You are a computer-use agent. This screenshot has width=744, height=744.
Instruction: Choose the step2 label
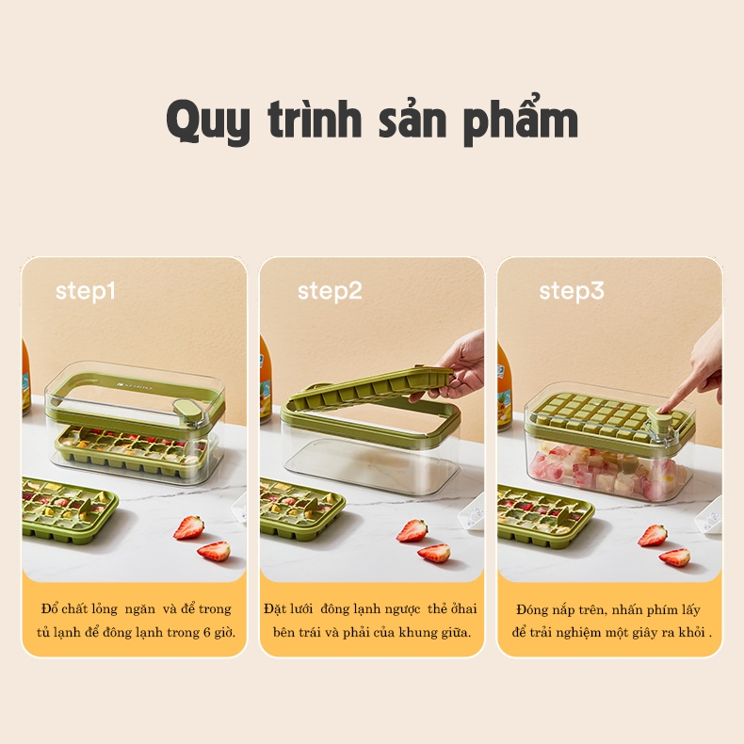330,291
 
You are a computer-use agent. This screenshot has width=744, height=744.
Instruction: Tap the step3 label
571,291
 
